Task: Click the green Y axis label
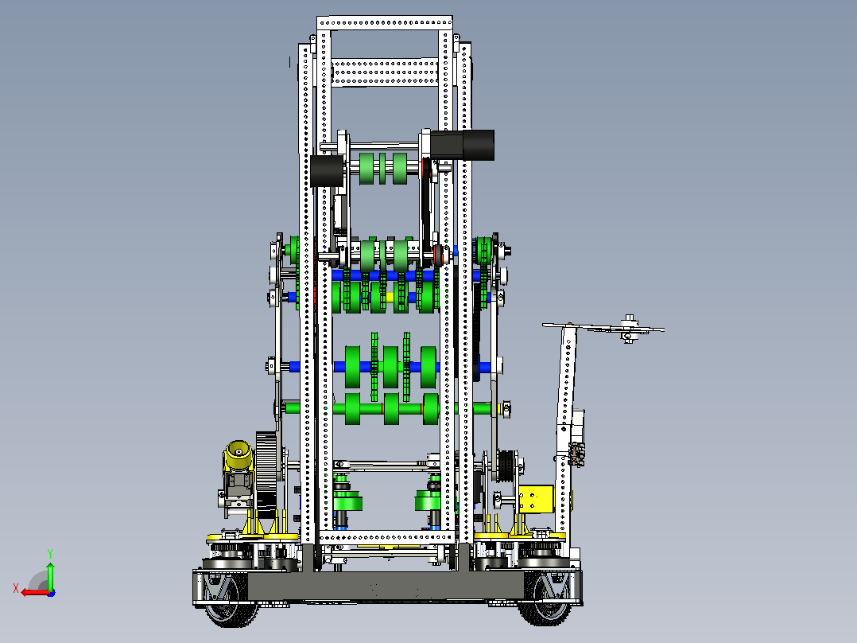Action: pos(50,554)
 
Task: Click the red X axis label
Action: pos(16,589)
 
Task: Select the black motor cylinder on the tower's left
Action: pos(327,171)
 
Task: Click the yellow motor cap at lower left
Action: pos(238,454)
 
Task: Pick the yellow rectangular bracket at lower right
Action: pos(536,499)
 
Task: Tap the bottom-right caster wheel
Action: pos(546,598)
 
